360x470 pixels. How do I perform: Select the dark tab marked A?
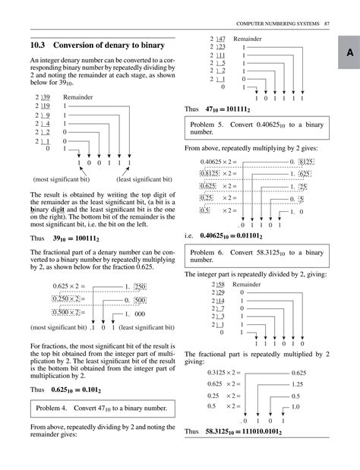[346, 52]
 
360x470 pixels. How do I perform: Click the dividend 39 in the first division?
[46, 98]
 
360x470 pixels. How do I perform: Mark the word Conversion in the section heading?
[78, 46]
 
